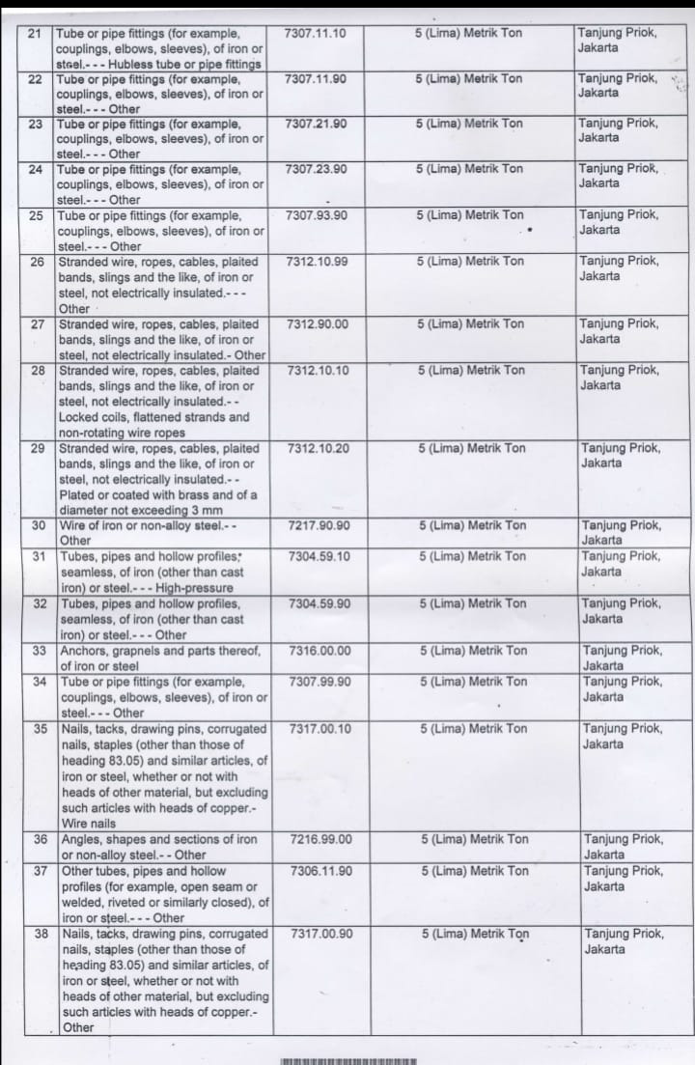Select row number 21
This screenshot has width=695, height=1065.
[37, 33]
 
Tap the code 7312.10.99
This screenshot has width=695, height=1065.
[318, 262]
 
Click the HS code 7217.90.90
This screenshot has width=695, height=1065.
[319, 526]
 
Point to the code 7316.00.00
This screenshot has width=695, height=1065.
[320, 651]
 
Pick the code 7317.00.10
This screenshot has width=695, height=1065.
[320, 729]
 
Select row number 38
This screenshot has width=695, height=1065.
[42, 935]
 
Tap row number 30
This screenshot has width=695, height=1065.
[40, 526]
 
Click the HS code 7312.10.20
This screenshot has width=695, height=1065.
[319, 449]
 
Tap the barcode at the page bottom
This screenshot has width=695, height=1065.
[348, 1060]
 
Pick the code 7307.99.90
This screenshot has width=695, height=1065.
[320, 682]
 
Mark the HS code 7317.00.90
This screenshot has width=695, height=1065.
[321, 935]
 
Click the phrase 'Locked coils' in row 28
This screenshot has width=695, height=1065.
[94, 417]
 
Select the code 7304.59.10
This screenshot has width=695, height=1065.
[320, 557]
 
